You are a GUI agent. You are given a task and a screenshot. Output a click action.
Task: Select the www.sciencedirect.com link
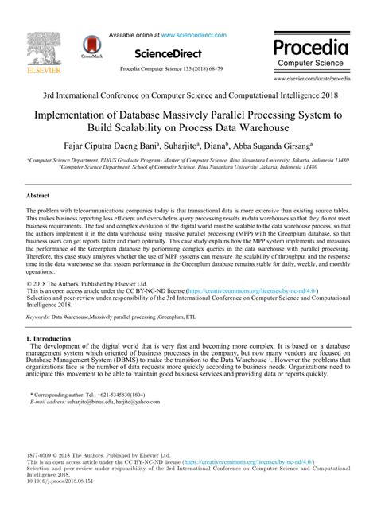pos(202,36)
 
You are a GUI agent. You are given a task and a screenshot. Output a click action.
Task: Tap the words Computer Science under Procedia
pos(314,60)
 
